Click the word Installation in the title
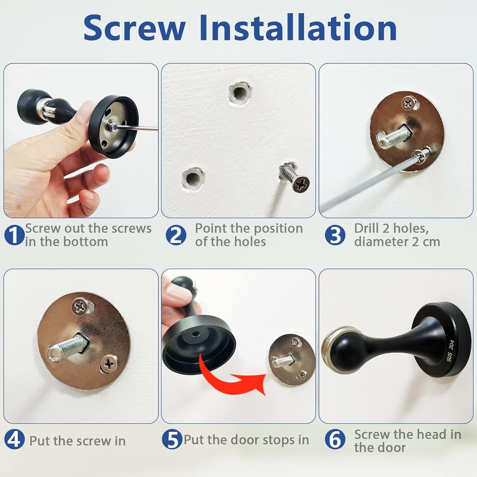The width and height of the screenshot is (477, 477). (298, 28)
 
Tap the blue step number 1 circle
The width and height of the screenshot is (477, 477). (14, 235)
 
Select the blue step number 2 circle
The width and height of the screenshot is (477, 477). (176, 235)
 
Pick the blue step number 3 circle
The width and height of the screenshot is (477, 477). (335, 235)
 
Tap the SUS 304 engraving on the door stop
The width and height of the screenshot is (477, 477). (451, 351)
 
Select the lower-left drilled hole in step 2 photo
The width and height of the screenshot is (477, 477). (193, 178)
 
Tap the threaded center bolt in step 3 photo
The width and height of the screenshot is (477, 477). (394, 136)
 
